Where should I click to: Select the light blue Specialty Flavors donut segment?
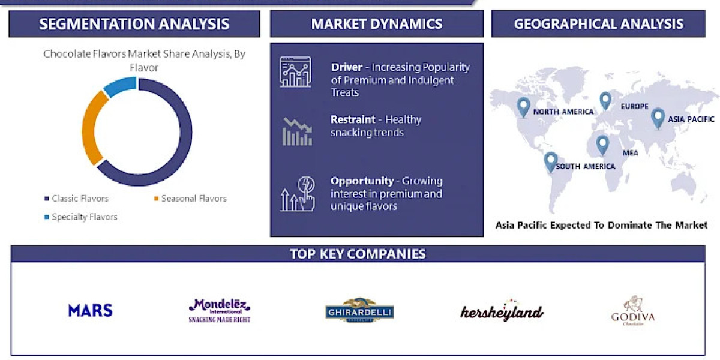point(120,85)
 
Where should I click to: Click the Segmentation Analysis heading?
point(134,24)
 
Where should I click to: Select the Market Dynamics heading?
point(376,24)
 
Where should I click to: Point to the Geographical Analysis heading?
point(598,24)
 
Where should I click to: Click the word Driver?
point(347,67)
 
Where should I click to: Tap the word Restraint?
point(353,119)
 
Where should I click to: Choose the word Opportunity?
point(362,181)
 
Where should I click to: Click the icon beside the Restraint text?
point(297,132)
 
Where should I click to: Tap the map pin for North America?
point(524,107)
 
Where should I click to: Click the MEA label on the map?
point(630,153)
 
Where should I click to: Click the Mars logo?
point(90,310)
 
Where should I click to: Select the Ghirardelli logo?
point(359,311)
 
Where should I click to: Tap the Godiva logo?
point(632,311)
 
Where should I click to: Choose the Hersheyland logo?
point(502,310)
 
